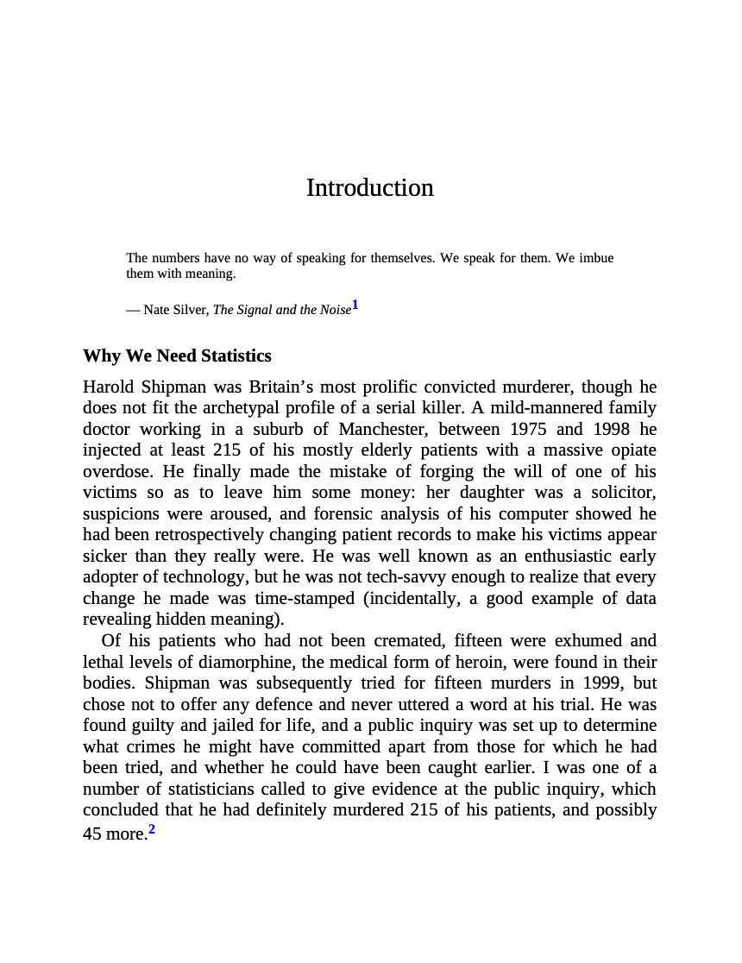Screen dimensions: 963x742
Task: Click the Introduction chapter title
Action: (369, 188)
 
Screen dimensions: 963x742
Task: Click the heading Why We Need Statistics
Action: (177, 356)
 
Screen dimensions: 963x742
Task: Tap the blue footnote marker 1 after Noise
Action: (355, 305)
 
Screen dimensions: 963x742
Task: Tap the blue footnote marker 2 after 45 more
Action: (152, 830)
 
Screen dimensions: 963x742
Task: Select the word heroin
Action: (454, 663)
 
